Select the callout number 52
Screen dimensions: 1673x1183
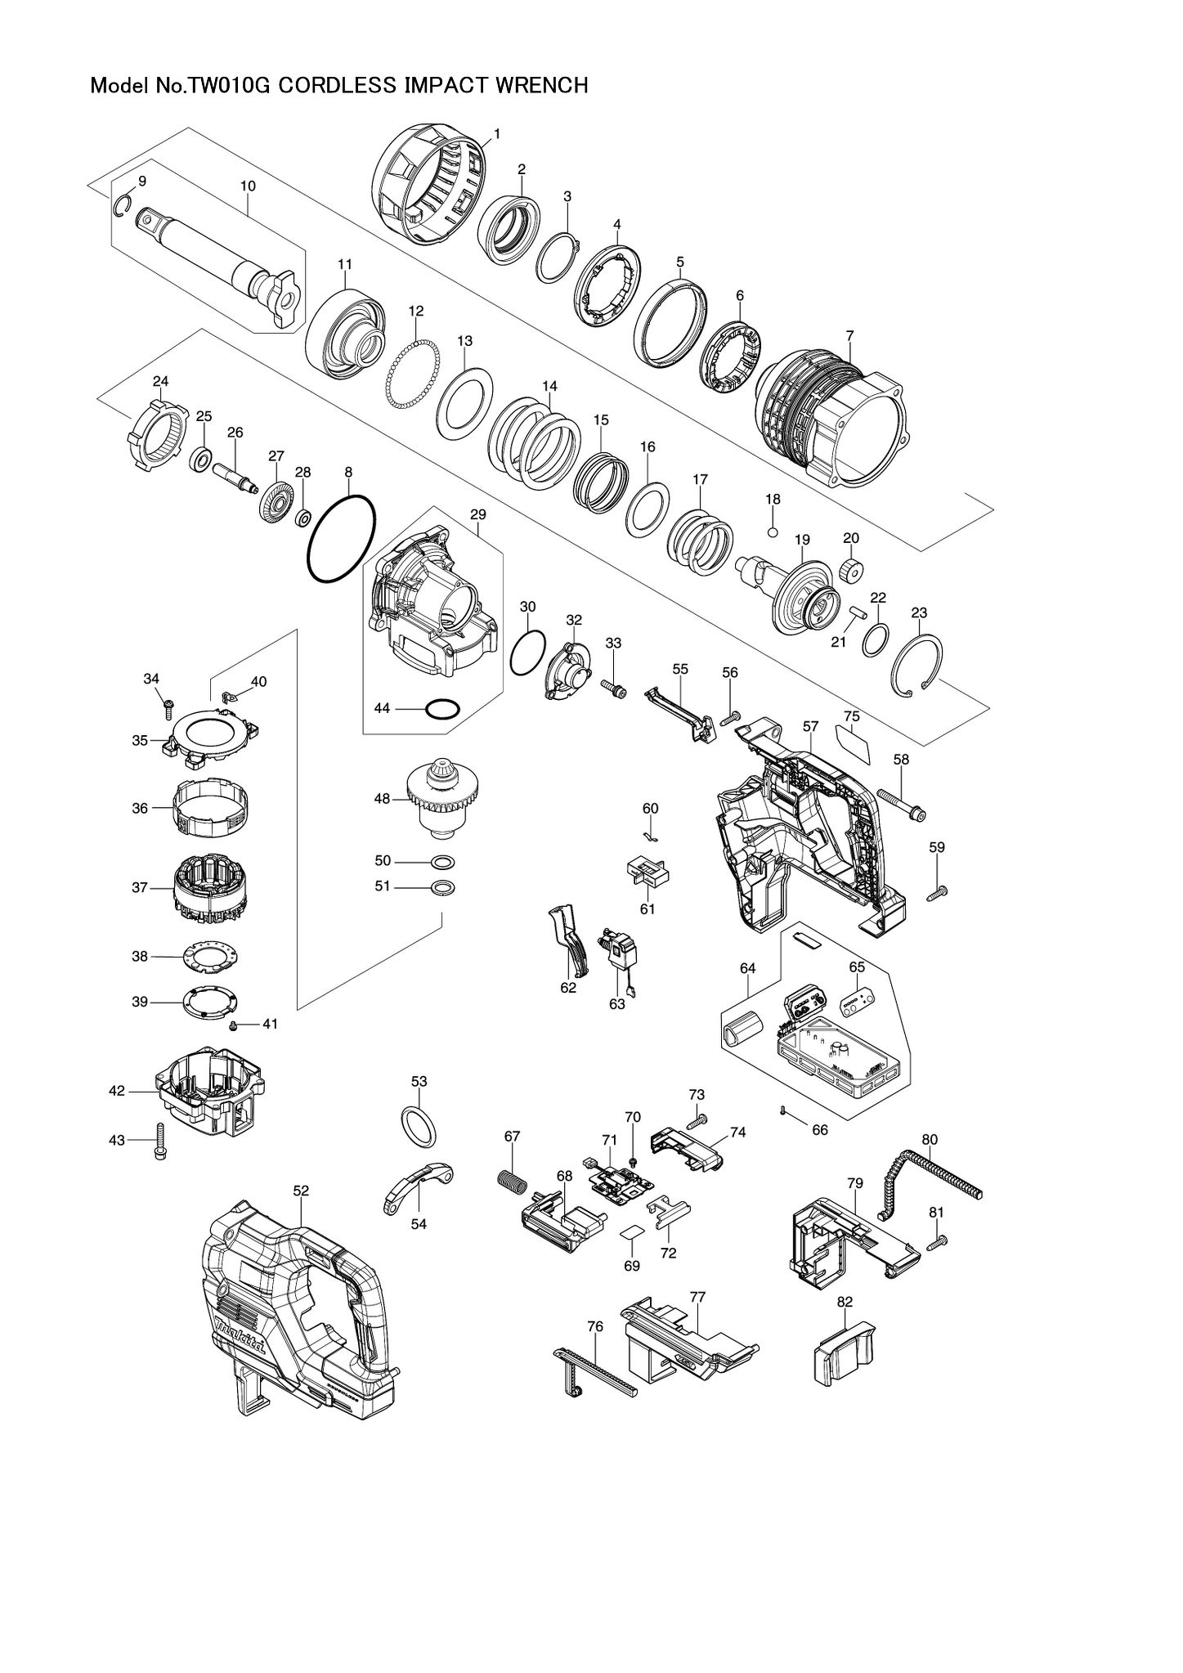[x=301, y=1191]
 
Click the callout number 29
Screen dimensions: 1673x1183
[x=478, y=514]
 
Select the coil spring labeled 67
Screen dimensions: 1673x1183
[x=510, y=1181]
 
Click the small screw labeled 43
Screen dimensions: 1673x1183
[x=159, y=1141]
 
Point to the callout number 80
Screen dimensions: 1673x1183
[x=930, y=1139]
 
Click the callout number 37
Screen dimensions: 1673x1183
[x=140, y=887]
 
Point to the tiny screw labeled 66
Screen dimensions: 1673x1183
[x=783, y=1110]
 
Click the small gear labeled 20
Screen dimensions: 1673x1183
[x=851, y=569]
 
